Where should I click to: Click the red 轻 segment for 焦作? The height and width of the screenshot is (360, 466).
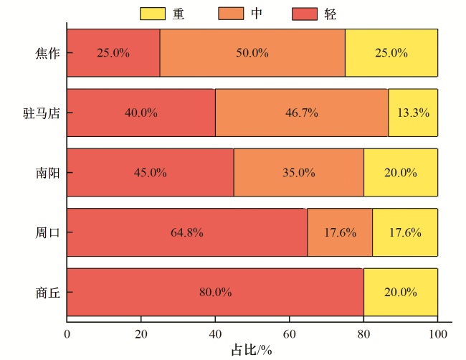113,52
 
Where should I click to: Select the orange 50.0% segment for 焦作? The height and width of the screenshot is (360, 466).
252,52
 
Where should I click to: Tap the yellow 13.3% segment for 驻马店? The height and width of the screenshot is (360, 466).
413,113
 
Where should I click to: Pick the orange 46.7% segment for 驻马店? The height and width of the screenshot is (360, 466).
301,113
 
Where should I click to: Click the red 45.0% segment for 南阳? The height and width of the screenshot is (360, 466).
151,172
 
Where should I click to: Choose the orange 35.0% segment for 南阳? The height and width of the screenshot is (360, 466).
298,172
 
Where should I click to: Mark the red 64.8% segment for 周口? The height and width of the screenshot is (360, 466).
187,232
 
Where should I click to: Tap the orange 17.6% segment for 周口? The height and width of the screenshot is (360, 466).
340,232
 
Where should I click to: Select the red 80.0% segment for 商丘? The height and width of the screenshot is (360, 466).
215,292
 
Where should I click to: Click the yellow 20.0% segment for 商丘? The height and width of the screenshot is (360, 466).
401,292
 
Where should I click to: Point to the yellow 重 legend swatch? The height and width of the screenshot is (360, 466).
151,14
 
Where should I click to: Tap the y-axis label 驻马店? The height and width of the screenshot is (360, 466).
39,113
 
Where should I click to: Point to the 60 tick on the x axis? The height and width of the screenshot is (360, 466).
290,333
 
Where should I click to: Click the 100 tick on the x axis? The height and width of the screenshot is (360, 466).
437,333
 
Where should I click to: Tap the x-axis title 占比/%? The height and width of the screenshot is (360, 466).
252,350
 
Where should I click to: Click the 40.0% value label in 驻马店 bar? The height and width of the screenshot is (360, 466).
141,113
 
